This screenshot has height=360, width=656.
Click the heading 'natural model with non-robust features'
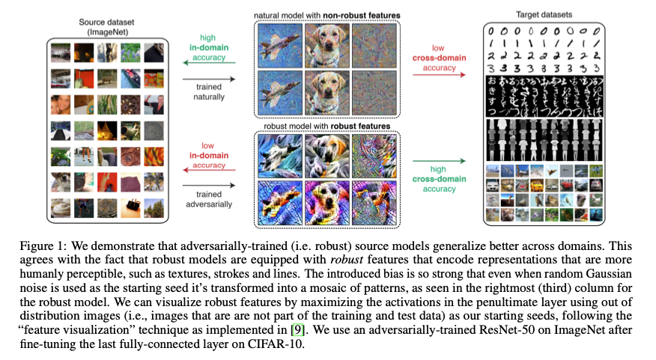click(x=327, y=15)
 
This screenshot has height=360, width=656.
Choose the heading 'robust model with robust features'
click(x=327, y=126)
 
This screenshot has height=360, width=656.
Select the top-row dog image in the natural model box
click(x=327, y=44)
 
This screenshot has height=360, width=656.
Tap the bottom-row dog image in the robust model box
click(x=327, y=203)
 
